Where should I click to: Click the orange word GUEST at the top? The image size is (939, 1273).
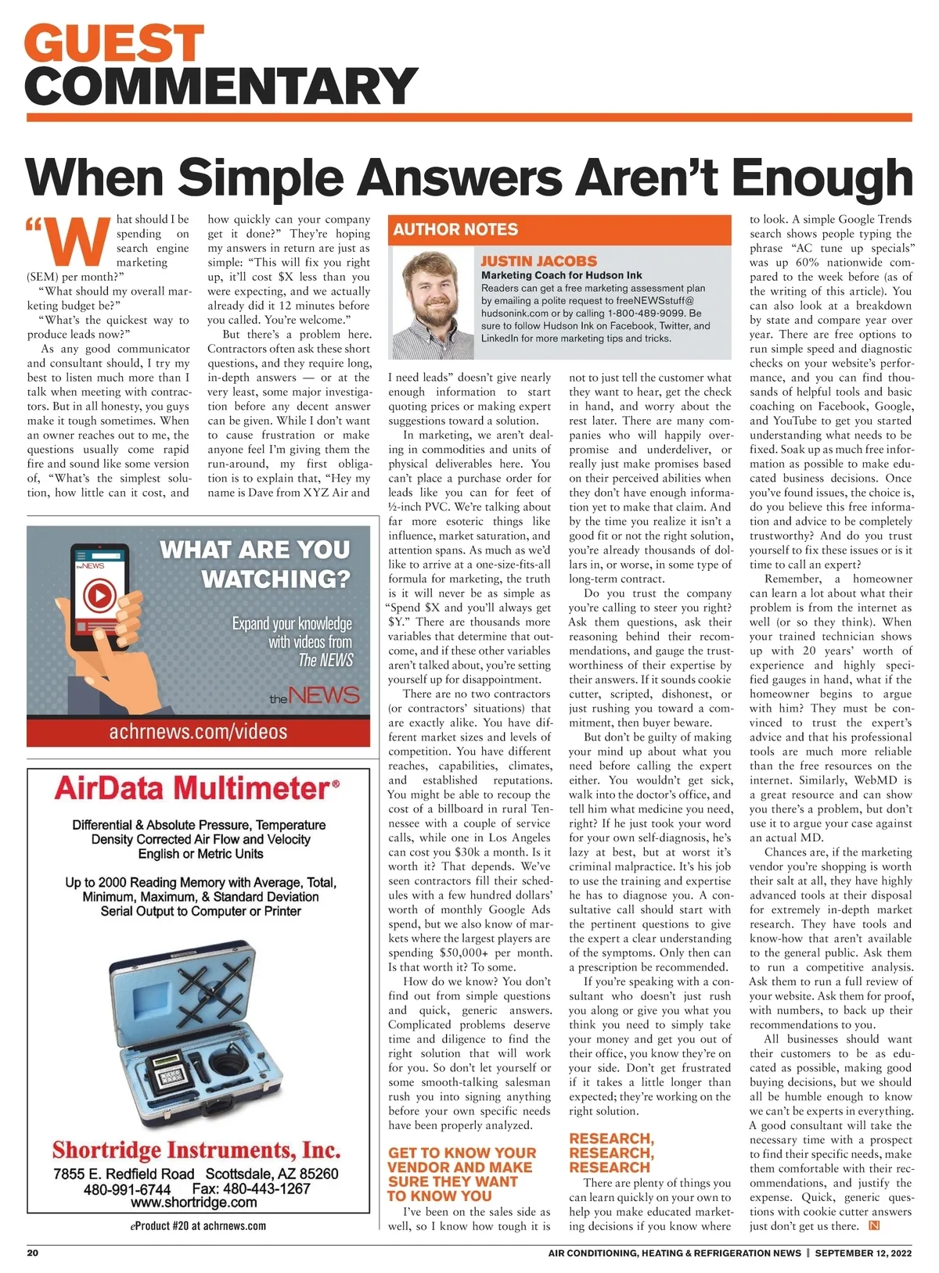coord(116,43)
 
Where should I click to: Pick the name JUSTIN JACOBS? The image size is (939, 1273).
coord(538,261)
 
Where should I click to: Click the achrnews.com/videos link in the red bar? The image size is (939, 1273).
coord(198,731)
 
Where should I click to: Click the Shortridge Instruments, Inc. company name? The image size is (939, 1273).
coord(196,1150)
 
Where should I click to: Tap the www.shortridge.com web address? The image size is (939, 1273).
coord(194,1202)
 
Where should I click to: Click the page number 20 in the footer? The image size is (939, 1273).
coord(33,1253)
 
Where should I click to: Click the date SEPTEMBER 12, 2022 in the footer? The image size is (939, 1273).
coord(863,1253)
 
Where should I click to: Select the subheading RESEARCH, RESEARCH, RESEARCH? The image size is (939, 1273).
coord(611,1153)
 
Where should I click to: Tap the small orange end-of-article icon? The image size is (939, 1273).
coord(875,1225)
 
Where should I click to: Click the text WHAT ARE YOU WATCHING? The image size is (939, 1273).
coord(255,564)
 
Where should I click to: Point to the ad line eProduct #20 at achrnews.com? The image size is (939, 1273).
coord(198,1225)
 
